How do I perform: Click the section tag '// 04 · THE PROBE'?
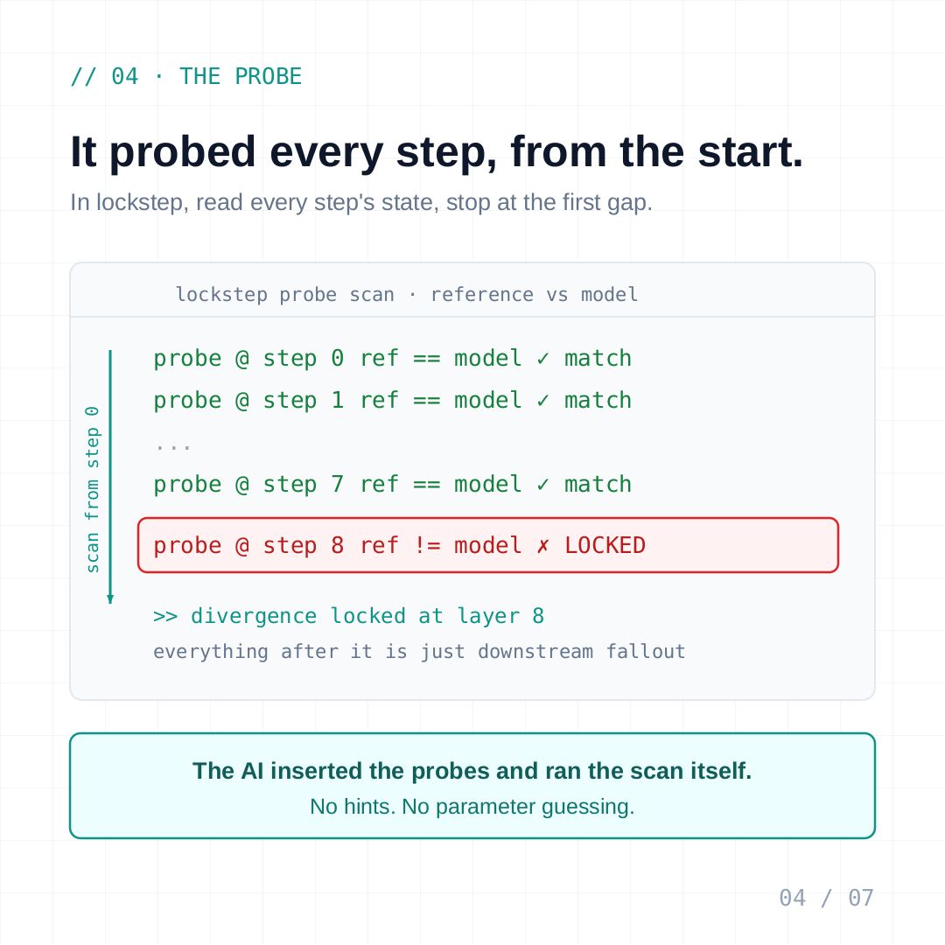click(186, 76)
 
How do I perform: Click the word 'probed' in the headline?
click(183, 153)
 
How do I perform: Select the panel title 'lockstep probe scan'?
click(285, 295)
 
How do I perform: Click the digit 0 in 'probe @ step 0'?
click(338, 359)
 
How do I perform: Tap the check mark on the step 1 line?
click(543, 401)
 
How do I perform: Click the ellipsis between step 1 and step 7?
click(173, 446)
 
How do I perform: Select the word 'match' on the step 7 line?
click(598, 485)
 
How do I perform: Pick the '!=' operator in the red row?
click(427, 546)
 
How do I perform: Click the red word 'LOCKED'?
click(605, 546)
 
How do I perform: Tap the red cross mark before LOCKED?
click(543, 546)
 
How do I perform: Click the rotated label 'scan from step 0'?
click(92, 489)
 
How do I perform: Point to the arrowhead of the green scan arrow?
click(110, 599)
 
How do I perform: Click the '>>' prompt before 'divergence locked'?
click(165, 617)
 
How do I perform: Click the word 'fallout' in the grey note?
click(646, 652)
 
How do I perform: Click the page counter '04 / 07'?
click(826, 898)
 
